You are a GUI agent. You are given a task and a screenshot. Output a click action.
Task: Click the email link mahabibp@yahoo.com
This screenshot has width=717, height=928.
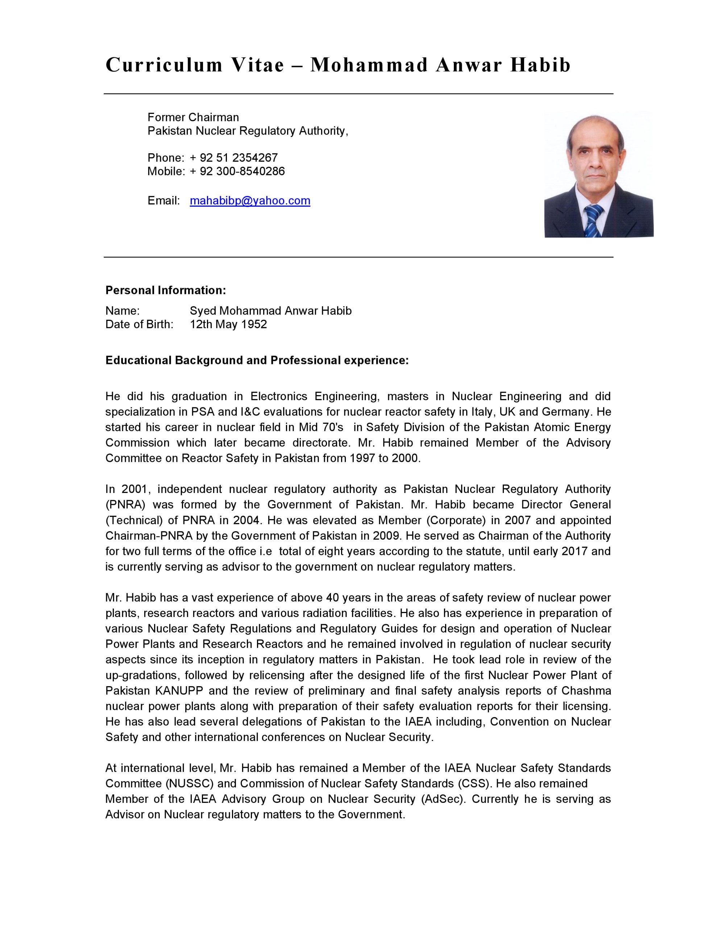(250, 200)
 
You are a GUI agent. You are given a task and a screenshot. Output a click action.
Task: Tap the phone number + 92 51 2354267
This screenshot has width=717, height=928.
(233, 158)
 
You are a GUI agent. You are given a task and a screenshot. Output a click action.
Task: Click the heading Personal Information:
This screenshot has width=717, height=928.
(165, 290)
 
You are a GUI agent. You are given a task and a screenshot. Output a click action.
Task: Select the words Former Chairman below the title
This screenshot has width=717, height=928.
(193, 117)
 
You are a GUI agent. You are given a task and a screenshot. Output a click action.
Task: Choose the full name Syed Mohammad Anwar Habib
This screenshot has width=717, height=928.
(270, 311)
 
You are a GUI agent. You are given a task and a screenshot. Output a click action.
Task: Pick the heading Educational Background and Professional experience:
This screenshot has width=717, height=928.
(257, 360)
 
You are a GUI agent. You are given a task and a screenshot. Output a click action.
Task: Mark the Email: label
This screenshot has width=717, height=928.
(163, 200)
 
